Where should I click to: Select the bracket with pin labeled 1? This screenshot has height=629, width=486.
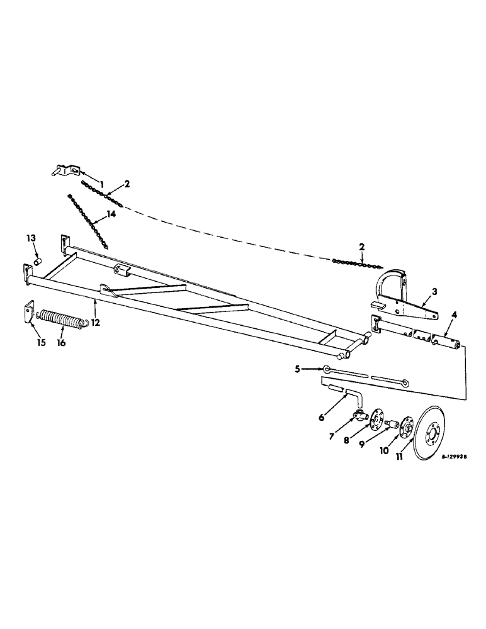click(65, 170)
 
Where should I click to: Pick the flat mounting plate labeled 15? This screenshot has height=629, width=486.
click(27, 312)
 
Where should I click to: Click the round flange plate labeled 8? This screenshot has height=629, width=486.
click(377, 419)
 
